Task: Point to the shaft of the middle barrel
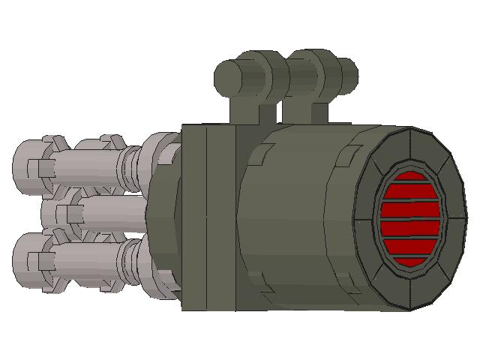(x=112, y=214)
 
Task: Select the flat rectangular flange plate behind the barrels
(x=208, y=217)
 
